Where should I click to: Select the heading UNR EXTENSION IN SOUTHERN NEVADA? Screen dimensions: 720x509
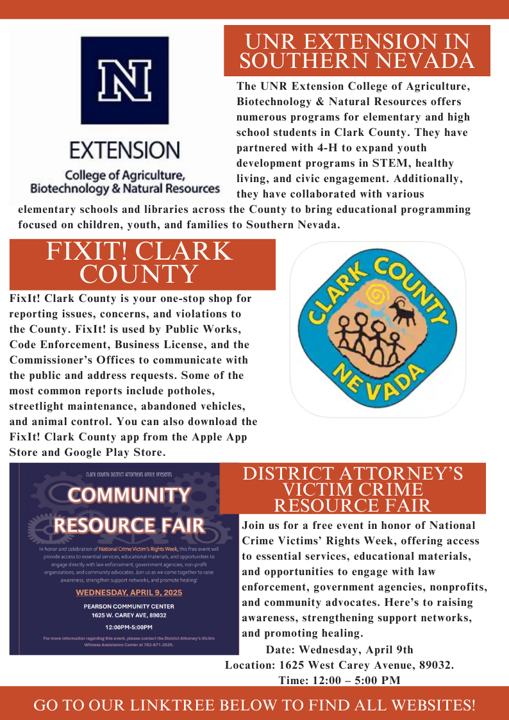click(x=356, y=51)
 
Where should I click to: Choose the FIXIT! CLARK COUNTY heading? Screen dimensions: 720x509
click(x=142, y=263)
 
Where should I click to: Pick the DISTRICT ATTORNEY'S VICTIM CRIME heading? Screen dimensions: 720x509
click(x=352, y=481)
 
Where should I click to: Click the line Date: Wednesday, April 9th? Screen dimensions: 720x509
click(x=339, y=649)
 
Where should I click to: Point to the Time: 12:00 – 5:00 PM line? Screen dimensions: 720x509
click(x=339, y=680)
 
